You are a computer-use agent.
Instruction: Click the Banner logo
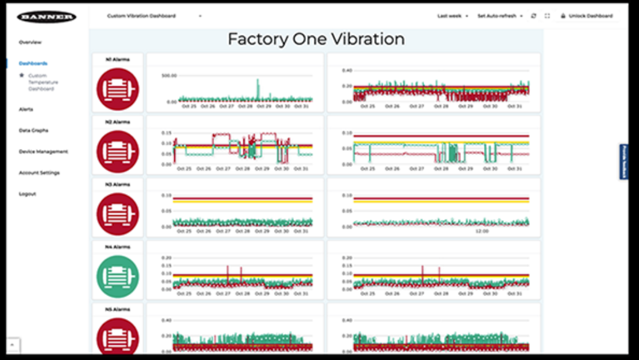click(46, 16)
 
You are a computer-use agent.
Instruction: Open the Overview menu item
click(30, 42)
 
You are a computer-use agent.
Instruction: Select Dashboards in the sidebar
click(33, 63)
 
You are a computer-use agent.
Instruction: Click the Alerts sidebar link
click(26, 109)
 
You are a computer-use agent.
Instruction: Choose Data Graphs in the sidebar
click(34, 130)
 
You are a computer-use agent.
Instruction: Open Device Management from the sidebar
click(43, 151)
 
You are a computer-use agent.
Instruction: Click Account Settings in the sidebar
click(40, 172)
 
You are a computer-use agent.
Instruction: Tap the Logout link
click(28, 194)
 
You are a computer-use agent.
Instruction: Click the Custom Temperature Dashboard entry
click(43, 82)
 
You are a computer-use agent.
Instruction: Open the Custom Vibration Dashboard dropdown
click(154, 16)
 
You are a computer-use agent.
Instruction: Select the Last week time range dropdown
click(453, 16)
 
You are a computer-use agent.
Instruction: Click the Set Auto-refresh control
click(500, 16)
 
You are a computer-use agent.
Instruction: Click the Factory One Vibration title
click(316, 39)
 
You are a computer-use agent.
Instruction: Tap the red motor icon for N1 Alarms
click(118, 89)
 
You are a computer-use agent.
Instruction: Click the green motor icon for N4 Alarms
click(118, 276)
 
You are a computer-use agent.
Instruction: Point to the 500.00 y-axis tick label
click(169, 76)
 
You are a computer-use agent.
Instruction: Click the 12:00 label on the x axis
click(482, 231)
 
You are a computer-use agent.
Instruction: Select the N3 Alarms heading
click(118, 185)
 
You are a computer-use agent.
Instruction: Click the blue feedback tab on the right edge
click(623, 162)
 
